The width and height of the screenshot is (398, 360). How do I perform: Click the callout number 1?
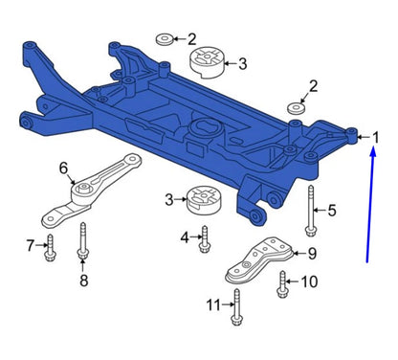point(375,138)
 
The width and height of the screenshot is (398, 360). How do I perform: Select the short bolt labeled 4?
point(204,239)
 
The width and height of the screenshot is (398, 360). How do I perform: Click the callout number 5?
point(332,210)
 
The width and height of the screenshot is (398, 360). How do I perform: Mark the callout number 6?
point(64,169)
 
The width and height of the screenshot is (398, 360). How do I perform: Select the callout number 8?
point(83,280)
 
